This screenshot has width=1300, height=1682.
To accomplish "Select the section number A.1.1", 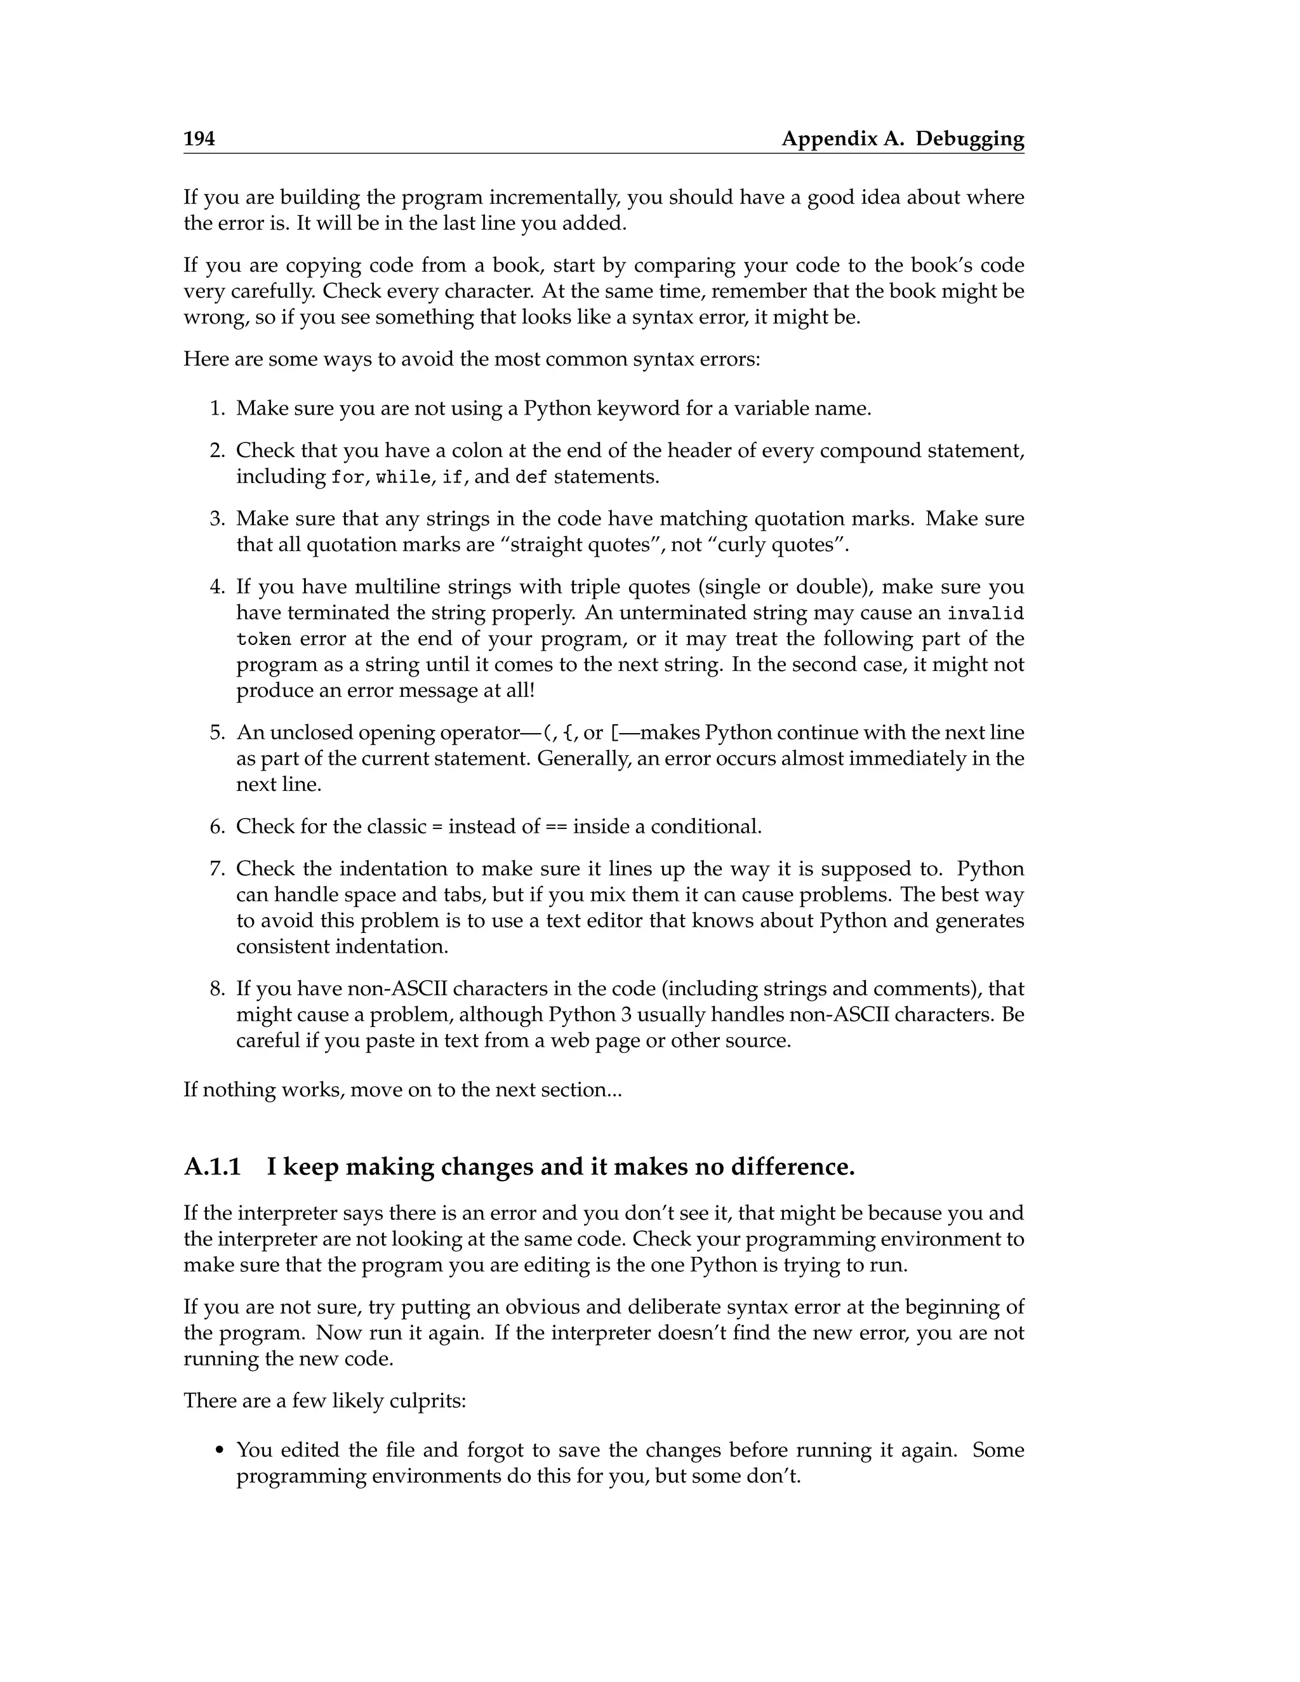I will (x=213, y=1167).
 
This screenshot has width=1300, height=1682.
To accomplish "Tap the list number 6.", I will (x=216, y=826).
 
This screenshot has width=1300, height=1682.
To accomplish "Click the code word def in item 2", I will (x=531, y=477).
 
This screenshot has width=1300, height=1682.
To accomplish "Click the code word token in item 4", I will (x=263, y=640).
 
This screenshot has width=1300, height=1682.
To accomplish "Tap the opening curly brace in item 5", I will (x=568, y=732).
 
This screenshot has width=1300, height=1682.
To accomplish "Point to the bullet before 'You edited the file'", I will (x=220, y=1451).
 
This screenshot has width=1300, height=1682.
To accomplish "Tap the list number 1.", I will (x=216, y=408).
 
